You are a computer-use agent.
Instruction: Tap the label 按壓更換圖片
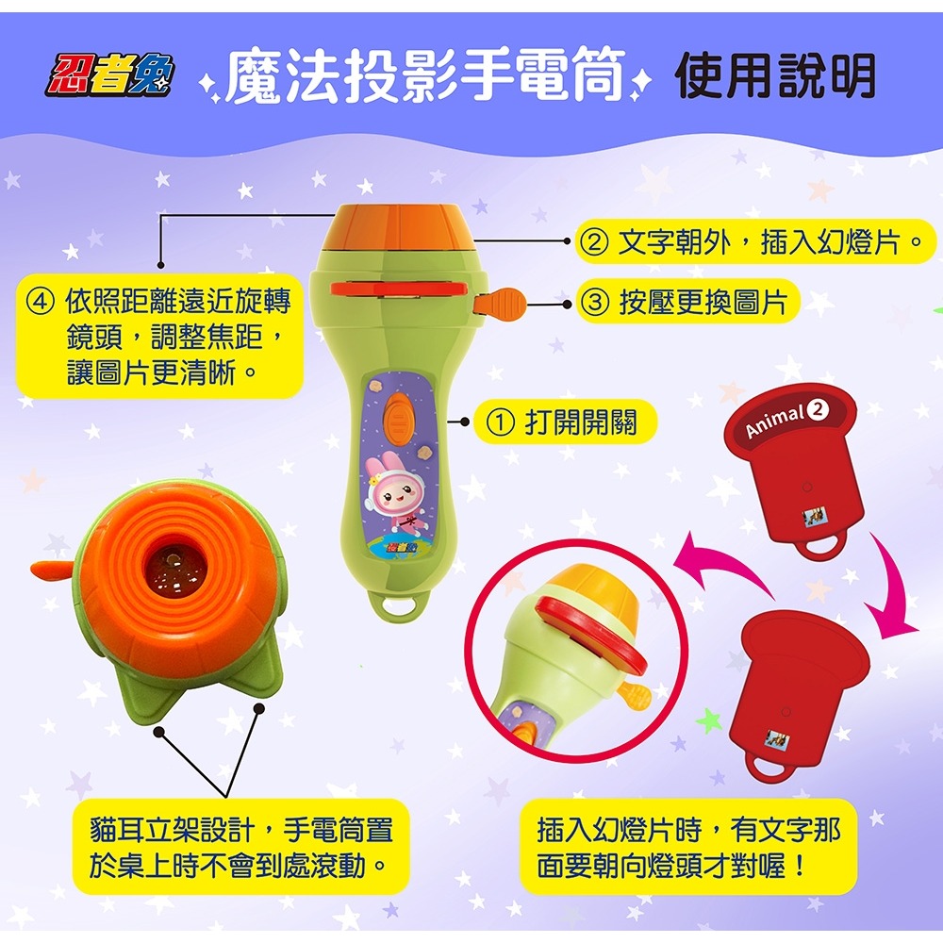pyautogui.click(x=703, y=303)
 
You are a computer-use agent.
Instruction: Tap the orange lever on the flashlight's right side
pyautogui.click(x=505, y=303)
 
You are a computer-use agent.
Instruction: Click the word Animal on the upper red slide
pyautogui.click(x=774, y=421)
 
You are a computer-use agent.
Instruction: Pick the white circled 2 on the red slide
pyautogui.click(x=817, y=408)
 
